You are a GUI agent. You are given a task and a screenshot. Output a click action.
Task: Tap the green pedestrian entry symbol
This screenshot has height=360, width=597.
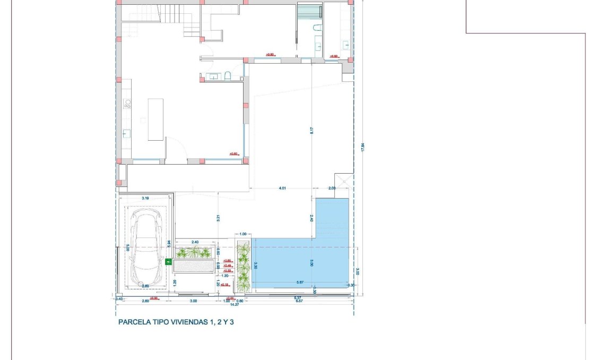click(168, 261)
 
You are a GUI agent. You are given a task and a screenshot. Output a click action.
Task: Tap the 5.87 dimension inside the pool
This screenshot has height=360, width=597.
click(300, 282)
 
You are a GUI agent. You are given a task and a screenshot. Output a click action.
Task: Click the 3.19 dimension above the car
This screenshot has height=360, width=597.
click(145, 198)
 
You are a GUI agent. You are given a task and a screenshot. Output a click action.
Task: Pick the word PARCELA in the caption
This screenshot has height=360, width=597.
click(132, 322)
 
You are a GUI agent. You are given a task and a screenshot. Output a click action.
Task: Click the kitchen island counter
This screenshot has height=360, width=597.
click(155, 119)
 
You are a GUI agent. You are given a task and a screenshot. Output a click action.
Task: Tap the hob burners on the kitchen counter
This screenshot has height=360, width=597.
click(127, 104)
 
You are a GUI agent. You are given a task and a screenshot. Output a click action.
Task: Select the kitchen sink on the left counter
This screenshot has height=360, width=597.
click(127, 133)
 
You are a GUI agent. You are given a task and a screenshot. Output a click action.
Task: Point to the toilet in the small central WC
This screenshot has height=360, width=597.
click(227, 76)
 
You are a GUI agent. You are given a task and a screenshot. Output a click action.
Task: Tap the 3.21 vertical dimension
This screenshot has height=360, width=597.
click(218, 217)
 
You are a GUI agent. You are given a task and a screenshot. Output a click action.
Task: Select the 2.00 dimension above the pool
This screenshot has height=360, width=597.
click(332, 188)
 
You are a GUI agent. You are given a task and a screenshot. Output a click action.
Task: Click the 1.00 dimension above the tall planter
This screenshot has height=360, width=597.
click(243, 234)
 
